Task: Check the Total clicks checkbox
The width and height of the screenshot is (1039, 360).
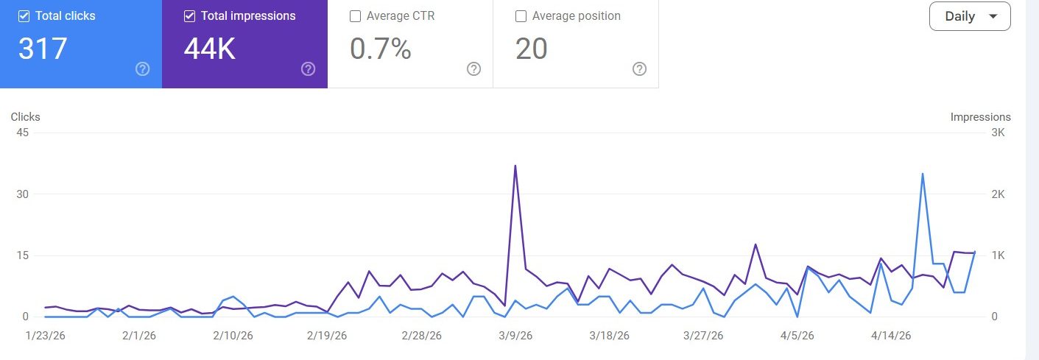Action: (x=24, y=16)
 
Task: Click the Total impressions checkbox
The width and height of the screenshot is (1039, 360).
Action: (x=189, y=16)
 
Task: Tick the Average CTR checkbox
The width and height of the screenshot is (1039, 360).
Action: (x=355, y=16)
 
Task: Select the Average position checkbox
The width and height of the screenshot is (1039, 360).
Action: (x=521, y=16)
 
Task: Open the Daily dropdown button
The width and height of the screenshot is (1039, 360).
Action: (x=969, y=16)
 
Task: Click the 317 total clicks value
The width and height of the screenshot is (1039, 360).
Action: (x=43, y=49)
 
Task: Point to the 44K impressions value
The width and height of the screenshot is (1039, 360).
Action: (x=209, y=49)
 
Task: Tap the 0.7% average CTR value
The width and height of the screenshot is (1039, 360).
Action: (x=380, y=49)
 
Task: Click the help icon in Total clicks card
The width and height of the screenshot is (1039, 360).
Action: (x=143, y=69)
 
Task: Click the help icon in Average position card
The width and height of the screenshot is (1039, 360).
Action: (x=639, y=69)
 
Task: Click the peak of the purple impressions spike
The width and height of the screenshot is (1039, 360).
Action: (x=515, y=166)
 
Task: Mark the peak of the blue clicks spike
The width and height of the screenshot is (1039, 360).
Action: (x=923, y=174)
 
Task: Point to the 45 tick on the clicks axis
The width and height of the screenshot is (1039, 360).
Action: (x=21, y=133)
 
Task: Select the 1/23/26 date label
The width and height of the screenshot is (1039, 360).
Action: (x=45, y=336)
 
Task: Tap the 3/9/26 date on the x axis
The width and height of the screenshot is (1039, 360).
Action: (x=515, y=336)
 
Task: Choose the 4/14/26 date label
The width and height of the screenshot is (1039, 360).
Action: (x=891, y=336)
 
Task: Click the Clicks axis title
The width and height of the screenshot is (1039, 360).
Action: (x=25, y=117)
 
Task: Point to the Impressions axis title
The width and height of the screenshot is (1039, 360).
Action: (x=980, y=117)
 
